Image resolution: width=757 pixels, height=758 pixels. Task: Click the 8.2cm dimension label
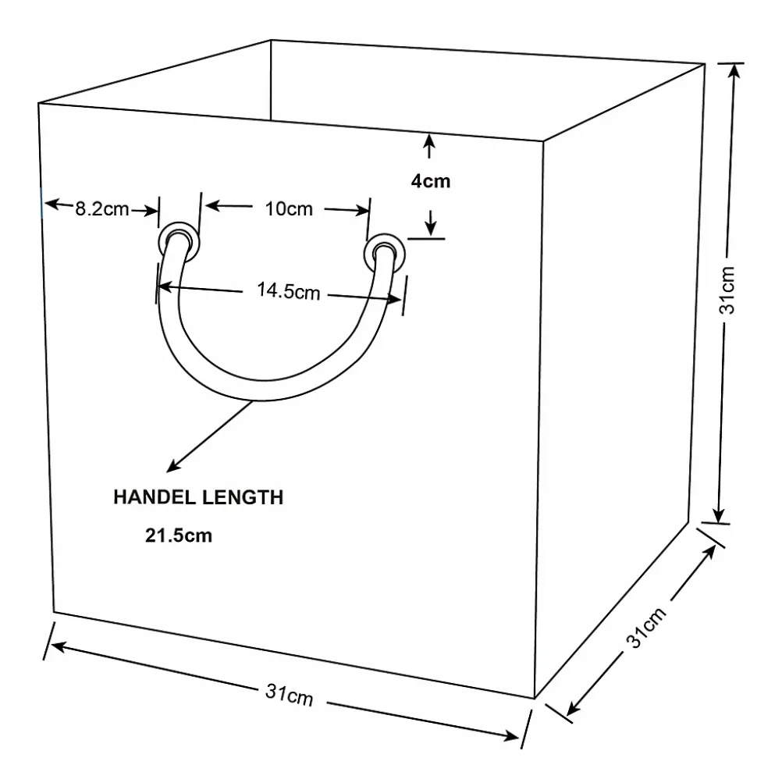pos(102,209)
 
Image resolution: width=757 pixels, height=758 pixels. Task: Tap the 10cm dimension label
pos(289,209)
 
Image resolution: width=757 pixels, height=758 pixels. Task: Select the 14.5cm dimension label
pos(288,291)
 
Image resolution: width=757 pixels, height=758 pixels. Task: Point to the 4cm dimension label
pos(430,181)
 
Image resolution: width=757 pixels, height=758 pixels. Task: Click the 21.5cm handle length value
pos(179,536)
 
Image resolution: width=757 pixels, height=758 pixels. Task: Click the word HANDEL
pos(155,497)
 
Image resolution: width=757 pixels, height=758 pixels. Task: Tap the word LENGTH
pos(243,497)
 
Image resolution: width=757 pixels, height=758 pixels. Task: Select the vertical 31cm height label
pos(727,290)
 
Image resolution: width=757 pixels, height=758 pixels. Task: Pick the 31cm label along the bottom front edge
pos(289,695)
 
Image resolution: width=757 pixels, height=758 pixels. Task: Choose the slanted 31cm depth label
pos(646,627)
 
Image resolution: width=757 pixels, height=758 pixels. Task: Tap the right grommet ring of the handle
pos(384,253)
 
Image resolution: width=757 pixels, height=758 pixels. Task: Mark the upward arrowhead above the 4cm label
pos(429,141)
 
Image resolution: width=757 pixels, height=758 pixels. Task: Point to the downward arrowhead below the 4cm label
pos(431,230)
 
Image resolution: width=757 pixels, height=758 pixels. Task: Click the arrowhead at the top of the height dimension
pos(734,70)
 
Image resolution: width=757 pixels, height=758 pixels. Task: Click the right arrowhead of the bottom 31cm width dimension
pos(511,736)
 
